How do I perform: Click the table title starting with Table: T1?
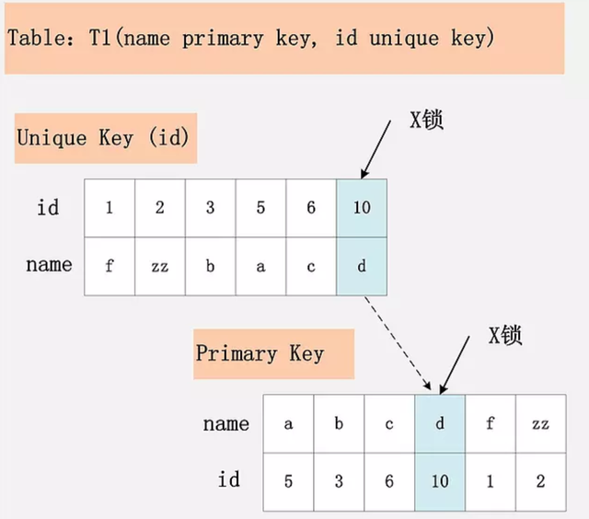(250, 39)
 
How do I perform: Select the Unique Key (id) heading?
(102, 138)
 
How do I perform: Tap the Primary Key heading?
(260, 353)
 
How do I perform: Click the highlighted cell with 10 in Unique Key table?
(362, 207)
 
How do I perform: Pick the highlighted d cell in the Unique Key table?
(362, 266)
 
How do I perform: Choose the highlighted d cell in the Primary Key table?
(440, 423)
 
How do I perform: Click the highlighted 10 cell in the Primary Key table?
(440, 481)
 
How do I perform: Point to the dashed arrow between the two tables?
(398, 340)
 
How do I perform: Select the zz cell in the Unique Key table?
(159, 266)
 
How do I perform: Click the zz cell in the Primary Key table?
(539, 423)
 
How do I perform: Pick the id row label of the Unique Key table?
(48, 207)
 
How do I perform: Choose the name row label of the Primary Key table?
(226, 423)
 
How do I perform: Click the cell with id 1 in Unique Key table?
(109, 207)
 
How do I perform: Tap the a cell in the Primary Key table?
(288, 423)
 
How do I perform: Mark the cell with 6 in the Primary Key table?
(389, 481)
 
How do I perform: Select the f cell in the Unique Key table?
(109, 266)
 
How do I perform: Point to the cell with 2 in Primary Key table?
(539, 481)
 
